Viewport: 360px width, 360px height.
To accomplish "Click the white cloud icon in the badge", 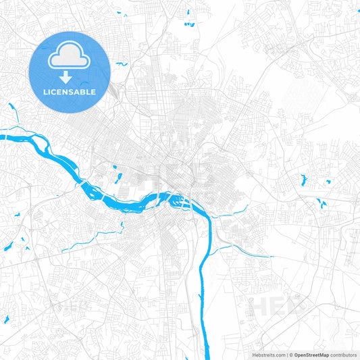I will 70,57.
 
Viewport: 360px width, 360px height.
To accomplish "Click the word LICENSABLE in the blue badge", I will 70,91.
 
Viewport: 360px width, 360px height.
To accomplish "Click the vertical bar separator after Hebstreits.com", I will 288,354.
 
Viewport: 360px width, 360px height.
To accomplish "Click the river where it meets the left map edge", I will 2,137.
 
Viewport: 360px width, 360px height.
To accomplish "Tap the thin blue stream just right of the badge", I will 122,64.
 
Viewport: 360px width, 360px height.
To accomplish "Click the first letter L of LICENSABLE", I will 45,91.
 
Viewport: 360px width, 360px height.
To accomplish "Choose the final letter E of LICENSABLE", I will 94,91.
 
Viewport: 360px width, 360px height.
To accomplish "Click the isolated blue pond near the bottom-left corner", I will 7,319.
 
